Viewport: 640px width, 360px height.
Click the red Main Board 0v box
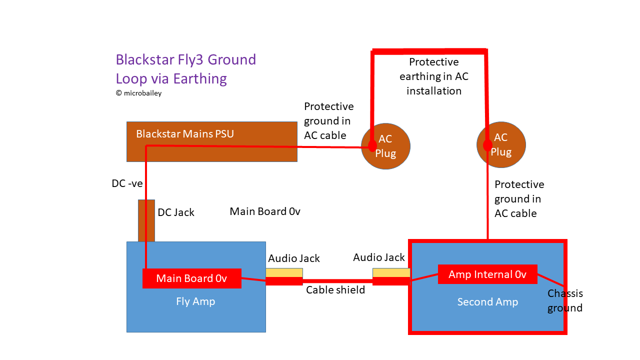[191, 278]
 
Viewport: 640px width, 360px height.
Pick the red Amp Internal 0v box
[487, 274]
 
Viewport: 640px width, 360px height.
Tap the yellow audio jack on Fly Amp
[284, 272]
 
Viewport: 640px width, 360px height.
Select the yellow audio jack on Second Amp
[391, 272]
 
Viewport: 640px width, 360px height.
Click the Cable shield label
[335, 290]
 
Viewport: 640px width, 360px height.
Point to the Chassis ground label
[565, 300]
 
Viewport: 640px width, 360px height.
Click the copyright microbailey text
[138, 93]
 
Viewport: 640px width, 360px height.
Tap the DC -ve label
[127, 183]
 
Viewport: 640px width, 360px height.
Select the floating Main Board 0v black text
[264, 211]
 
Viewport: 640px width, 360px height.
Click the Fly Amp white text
[195, 301]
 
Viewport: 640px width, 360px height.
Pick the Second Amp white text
[487, 302]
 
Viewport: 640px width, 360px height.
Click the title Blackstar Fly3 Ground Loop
[185, 69]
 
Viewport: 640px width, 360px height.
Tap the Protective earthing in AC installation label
[433, 76]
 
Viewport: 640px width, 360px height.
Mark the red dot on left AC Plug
[372, 145]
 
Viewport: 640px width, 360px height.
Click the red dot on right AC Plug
[487, 145]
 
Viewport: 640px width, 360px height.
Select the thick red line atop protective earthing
[429, 51]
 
